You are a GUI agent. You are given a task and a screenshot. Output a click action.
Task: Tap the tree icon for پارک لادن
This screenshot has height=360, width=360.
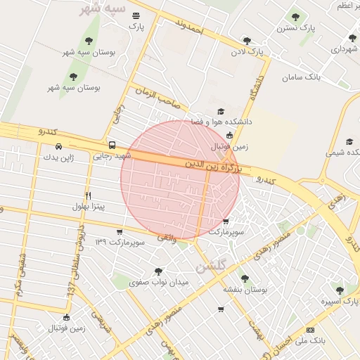(246, 41)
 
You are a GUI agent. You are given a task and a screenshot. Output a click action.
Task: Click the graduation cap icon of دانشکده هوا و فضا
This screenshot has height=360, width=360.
(220, 112)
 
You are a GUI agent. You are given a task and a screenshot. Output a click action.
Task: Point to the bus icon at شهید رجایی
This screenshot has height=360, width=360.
(112, 146)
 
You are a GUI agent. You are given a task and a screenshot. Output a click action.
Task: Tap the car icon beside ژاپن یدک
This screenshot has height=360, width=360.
(58, 147)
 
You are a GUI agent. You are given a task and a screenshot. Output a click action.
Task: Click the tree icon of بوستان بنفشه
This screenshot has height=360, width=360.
(244, 278)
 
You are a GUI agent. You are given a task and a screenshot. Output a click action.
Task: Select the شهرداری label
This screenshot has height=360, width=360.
(345, 50)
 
